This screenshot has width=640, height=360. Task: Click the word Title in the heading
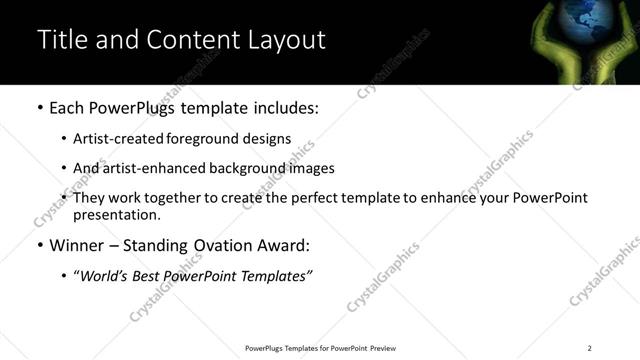pos(61,41)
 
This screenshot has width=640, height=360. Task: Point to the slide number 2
pos(589,348)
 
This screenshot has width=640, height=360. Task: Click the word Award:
pos(283,245)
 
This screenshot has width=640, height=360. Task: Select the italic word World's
pos(103,275)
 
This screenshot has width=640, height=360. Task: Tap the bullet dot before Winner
pos(39,245)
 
